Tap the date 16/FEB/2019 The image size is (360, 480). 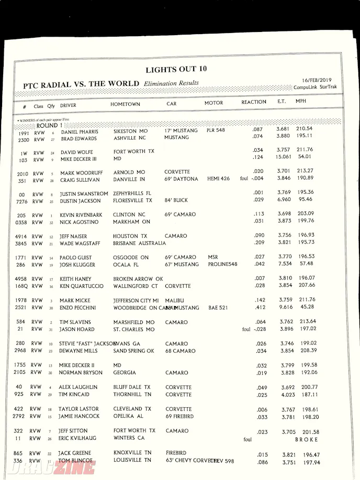pos(313,80)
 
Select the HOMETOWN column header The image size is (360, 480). pos(125,104)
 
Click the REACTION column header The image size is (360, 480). pos(253,102)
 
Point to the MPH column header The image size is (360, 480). pos(301,101)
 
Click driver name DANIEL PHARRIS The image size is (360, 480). pos(80,132)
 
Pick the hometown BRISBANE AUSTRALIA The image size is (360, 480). pos(139,243)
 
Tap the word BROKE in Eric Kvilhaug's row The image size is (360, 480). pos(307,440)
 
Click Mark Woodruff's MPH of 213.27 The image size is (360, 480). pos(305,171)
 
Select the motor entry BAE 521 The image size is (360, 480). pos(218,307)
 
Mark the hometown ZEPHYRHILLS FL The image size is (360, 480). pos(132,193)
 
